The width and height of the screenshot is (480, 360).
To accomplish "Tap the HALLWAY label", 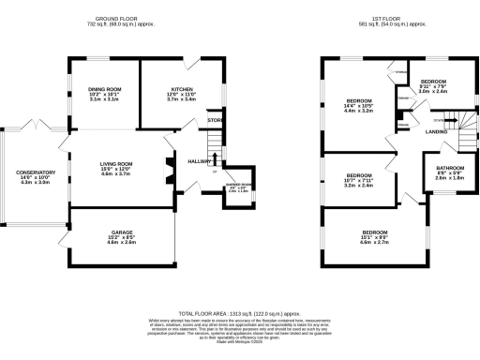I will (x=198, y=161).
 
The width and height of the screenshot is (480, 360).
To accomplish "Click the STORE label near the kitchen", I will (x=215, y=121).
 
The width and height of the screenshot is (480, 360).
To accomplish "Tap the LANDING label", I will (x=436, y=131).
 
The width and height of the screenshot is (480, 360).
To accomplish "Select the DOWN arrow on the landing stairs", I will (x=439, y=120).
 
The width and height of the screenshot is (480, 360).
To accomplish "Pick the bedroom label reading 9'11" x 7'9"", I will (x=436, y=82).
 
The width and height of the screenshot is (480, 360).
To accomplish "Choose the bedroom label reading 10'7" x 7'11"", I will (x=359, y=176).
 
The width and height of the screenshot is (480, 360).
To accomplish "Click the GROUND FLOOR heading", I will (x=119, y=18).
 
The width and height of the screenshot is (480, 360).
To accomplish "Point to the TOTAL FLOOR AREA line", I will (x=240, y=313).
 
